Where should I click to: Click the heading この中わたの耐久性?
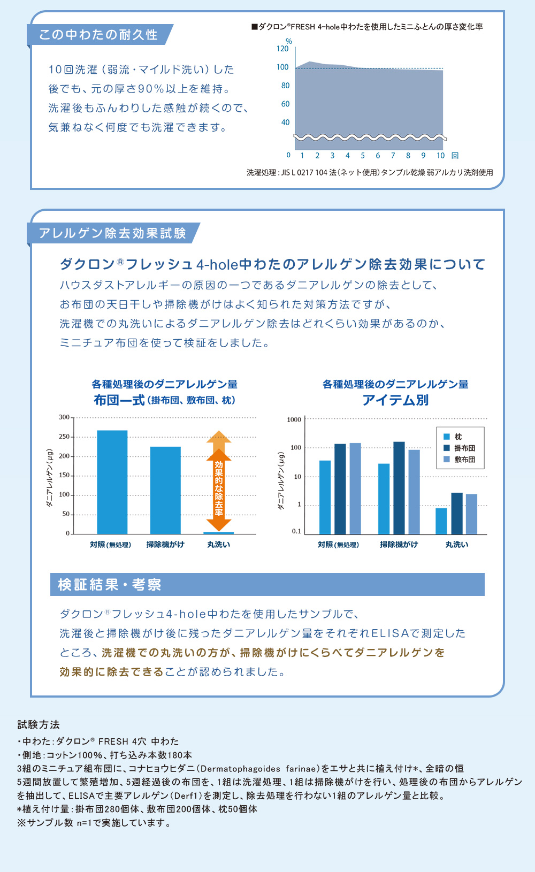point(98,35)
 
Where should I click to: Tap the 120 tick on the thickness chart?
point(282,49)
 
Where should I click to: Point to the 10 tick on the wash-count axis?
point(440,156)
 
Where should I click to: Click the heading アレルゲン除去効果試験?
point(112,233)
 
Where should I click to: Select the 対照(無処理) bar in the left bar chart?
point(112,481)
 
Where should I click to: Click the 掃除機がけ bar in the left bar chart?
point(165,489)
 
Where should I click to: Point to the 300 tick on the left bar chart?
point(64,417)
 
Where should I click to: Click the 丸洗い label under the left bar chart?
point(219,545)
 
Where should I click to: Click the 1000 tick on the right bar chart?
point(294,420)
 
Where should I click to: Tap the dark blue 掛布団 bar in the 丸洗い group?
point(457,513)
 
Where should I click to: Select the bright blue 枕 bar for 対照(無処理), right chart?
point(325,497)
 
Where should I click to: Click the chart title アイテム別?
point(395,400)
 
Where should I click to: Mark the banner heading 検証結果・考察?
point(110,585)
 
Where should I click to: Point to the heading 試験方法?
point(39,725)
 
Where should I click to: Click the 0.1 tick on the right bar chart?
point(296,531)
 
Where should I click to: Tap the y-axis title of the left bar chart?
point(49,478)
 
